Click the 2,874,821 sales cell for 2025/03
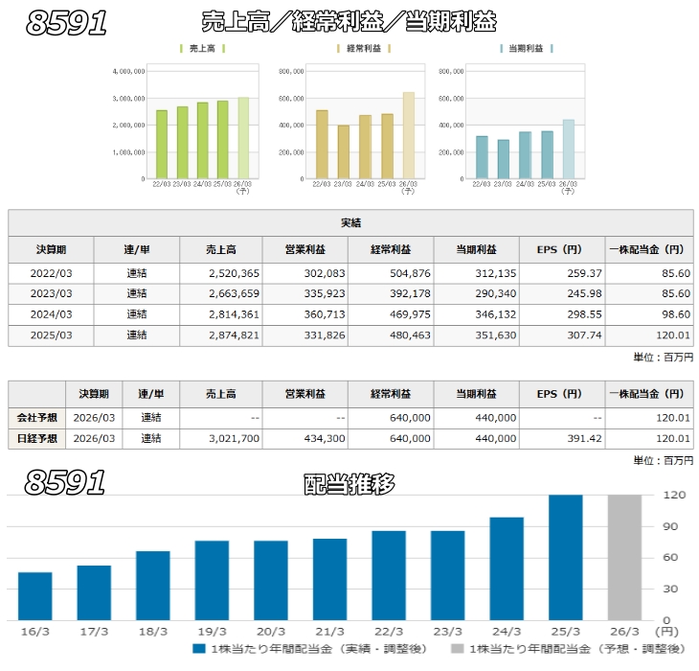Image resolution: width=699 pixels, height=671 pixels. [x=226, y=335]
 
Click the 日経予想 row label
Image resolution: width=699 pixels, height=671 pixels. [x=36, y=439]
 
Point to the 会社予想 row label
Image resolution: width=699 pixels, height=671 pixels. [x=36, y=418]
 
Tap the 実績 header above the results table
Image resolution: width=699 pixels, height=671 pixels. [x=350, y=223]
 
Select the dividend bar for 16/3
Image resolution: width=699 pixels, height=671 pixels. [x=35, y=595]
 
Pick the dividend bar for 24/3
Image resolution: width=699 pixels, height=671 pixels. [x=507, y=568]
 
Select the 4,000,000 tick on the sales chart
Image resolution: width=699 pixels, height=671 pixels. [x=127, y=70]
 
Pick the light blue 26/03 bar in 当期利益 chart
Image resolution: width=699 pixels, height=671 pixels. [x=569, y=149]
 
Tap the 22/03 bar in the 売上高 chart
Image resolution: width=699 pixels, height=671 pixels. [x=162, y=144]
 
